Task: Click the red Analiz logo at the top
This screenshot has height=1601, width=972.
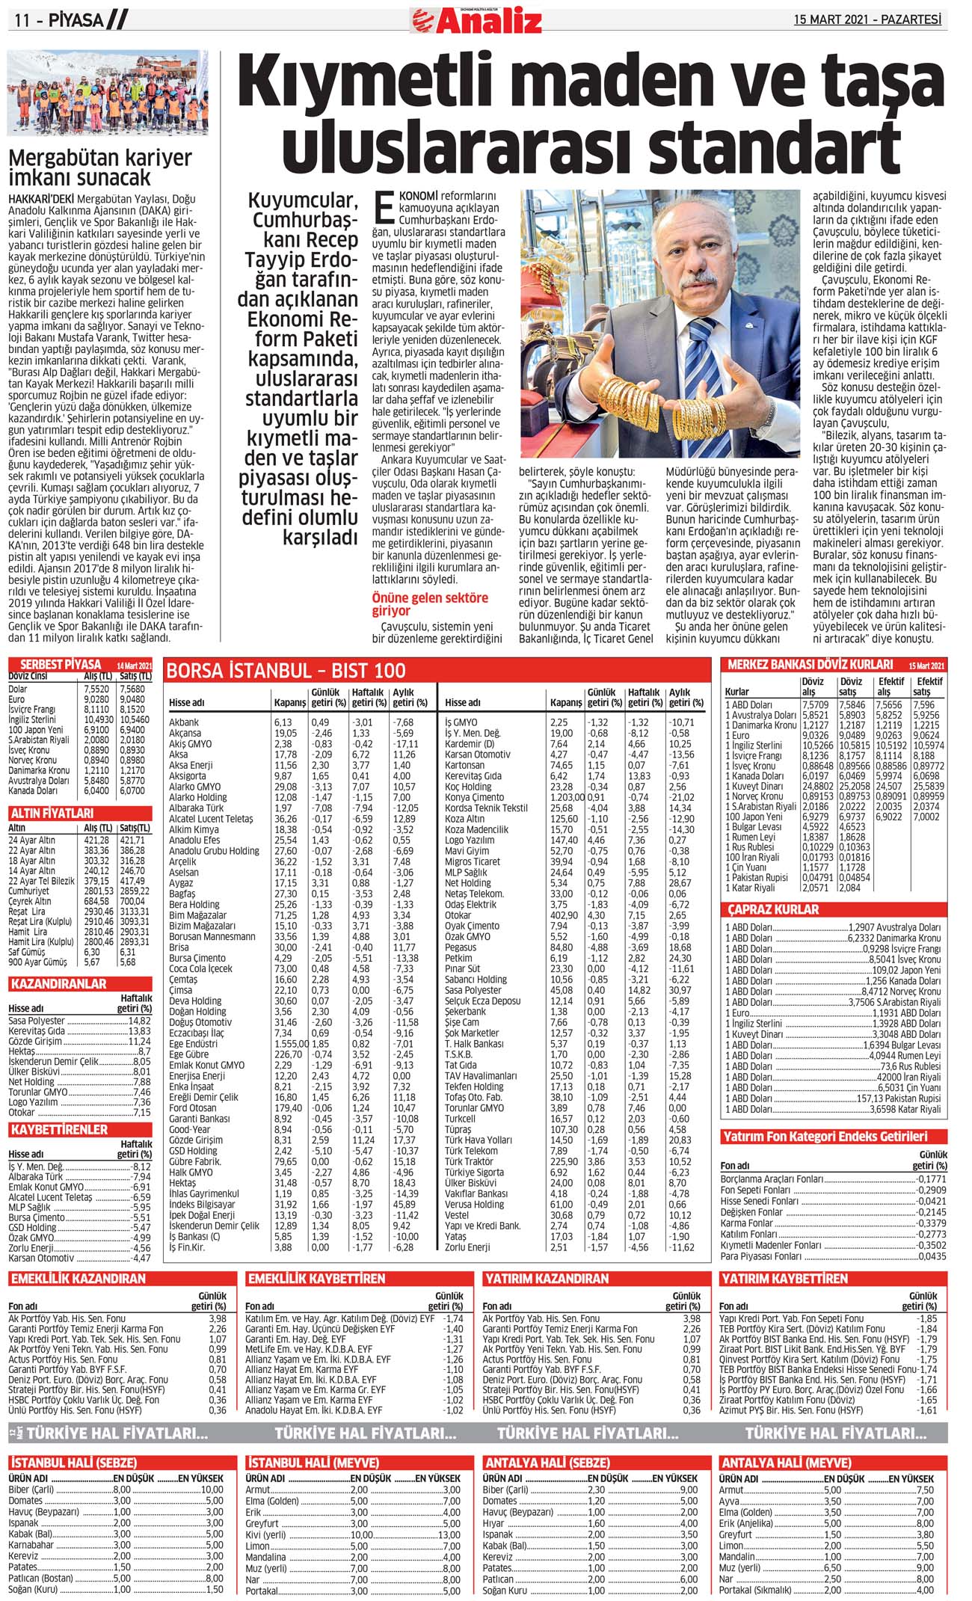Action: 476,19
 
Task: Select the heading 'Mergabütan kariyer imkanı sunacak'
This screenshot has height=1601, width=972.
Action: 100,168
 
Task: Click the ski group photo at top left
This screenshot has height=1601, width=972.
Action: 108,92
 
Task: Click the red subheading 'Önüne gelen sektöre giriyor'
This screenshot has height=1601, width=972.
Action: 430,603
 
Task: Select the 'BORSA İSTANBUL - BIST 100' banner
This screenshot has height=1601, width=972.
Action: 286,671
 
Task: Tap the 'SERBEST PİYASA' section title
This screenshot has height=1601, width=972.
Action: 61,664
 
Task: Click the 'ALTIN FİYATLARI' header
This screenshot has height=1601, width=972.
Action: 52,813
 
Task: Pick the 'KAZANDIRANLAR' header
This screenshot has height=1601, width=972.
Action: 58,984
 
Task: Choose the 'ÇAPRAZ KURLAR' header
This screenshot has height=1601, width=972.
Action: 774,909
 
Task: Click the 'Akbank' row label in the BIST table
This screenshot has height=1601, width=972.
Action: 184,722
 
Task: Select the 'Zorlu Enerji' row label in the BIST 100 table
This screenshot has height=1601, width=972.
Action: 467,1247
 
